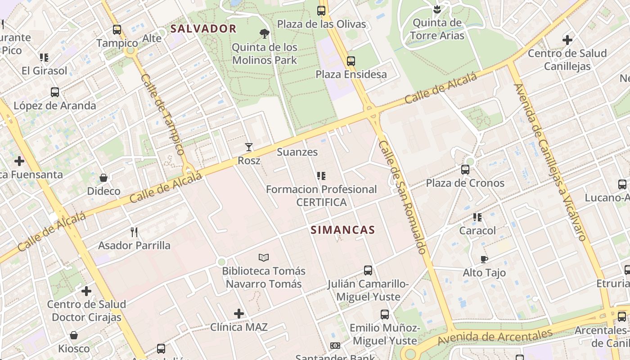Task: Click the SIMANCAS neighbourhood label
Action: click(342, 230)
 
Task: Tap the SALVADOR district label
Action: click(203, 29)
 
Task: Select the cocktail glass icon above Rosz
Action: click(248, 147)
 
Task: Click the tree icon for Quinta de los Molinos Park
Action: click(265, 33)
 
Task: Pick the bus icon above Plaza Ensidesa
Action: click(351, 61)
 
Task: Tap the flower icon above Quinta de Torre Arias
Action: click(436, 9)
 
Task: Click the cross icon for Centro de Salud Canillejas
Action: click(567, 40)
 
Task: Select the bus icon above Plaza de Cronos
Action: click(465, 170)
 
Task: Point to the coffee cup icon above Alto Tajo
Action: click(484, 259)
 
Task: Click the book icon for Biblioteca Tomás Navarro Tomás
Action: click(264, 257)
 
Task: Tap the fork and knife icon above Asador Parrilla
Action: click(134, 232)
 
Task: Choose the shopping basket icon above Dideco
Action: click(103, 178)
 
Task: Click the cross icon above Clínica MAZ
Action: click(239, 314)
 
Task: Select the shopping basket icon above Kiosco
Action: click(74, 335)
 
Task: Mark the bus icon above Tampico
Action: click(117, 30)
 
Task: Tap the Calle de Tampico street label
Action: click(163, 114)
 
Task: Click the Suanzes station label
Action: click(297, 152)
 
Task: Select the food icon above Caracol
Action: click(477, 217)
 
